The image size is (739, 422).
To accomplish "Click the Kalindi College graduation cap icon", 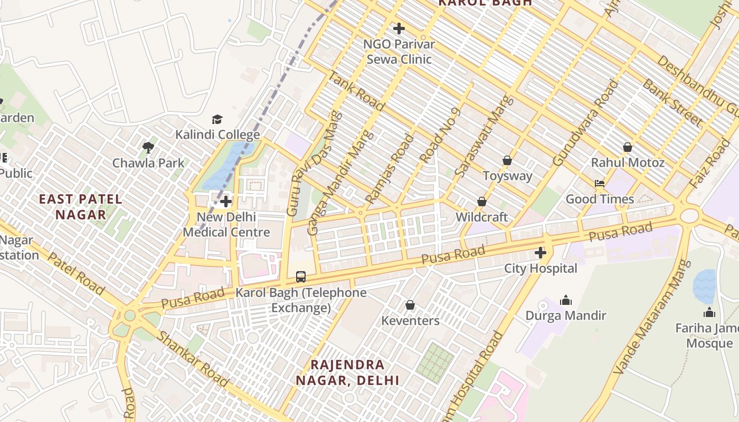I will click(217, 119).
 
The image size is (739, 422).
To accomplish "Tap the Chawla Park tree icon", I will click(148, 147).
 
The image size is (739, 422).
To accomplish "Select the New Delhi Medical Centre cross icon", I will click(226, 202).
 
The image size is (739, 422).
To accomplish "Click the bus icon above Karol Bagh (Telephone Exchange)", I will click(300, 276).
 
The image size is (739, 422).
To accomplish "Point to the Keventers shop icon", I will click(410, 305).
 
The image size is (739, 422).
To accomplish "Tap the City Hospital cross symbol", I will click(540, 253).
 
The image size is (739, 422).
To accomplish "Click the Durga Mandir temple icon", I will click(566, 300).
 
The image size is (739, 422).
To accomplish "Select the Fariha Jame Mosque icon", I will click(709, 312).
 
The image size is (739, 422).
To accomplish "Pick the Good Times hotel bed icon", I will click(600, 184).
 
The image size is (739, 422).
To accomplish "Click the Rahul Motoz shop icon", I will click(627, 147).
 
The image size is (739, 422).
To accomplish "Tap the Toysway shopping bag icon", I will click(507, 160).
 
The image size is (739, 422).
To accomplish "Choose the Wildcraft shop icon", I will click(481, 202).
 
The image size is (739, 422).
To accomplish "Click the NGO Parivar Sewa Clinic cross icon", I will click(399, 28).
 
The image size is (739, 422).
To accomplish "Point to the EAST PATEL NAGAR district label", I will click(81, 207).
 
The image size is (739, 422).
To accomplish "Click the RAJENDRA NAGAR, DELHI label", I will click(347, 372).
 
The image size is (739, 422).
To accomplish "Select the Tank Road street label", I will click(356, 91).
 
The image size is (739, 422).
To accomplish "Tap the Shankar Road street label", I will click(193, 359).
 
